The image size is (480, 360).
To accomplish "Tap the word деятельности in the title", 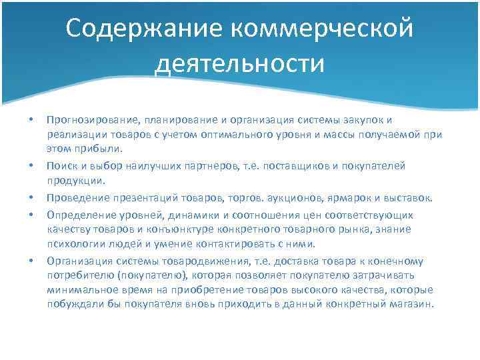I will pos(239,65).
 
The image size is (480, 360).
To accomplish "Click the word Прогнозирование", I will pos(91,119).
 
